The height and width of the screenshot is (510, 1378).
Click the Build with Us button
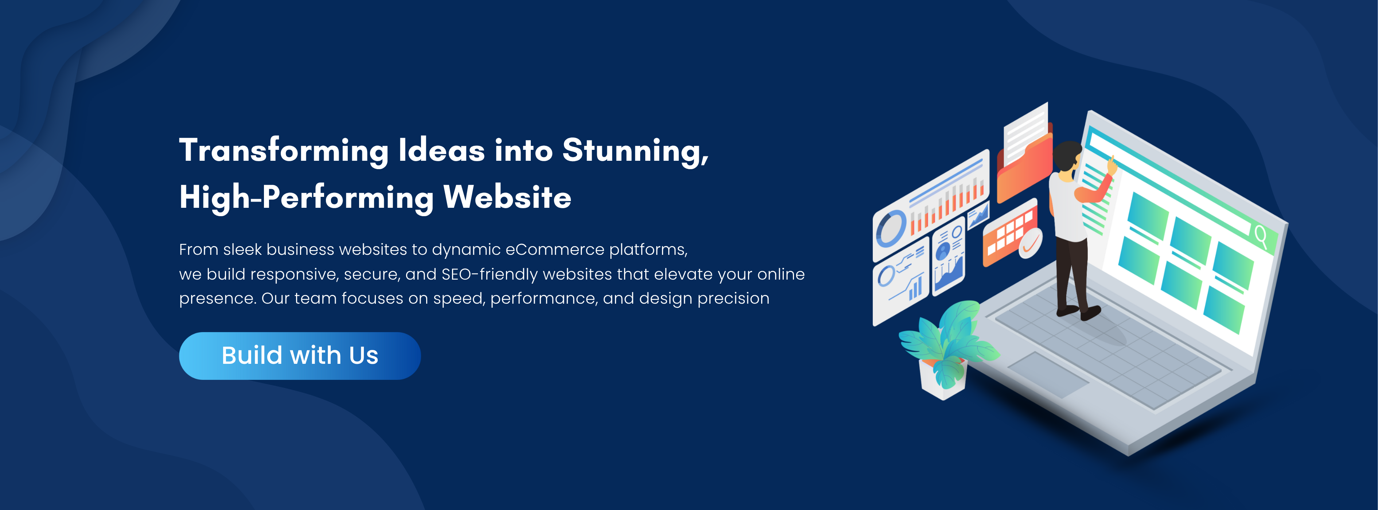point(300,356)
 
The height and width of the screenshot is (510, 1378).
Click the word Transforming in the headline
point(284,151)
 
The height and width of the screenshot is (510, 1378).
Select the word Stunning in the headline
point(635,151)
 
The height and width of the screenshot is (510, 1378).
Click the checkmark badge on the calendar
point(1030,244)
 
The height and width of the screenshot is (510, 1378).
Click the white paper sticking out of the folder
point(1026,135)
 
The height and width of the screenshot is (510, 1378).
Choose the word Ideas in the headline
point(441,151)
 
